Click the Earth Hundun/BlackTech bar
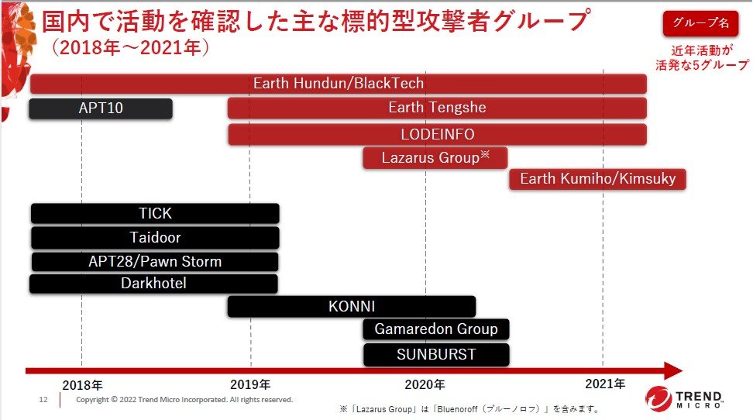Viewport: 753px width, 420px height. tap(339, 84)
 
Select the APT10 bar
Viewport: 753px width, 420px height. tap(101, 108)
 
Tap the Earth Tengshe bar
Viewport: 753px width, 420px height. tap(437, 108)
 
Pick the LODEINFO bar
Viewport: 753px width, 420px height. tap(437, 134)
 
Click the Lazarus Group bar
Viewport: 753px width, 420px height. tap(435, 157)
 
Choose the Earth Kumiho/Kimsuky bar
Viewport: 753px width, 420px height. tap(597, 179)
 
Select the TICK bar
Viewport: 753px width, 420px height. tap(155, 213)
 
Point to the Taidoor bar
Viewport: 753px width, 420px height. tap(155, 237)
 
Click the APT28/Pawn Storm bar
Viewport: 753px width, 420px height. tap(155, 261)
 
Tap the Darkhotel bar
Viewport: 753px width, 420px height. tap(153, 284)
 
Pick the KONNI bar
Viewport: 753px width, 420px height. tap(352, 307)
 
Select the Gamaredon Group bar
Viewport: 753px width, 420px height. tap(436, 329)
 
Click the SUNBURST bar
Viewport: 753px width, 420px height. tap(436, 355)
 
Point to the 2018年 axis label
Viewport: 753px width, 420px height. tap(83, 385)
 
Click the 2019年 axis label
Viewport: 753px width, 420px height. tap(250, 384)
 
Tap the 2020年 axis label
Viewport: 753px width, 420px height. tap(425, 384)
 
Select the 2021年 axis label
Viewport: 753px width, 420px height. tap(605, 384)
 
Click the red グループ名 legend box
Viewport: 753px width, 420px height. tap(700, 23)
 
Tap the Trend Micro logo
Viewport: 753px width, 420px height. tap(684, 399)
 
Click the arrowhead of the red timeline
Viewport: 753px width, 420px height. tap(674, 370)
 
